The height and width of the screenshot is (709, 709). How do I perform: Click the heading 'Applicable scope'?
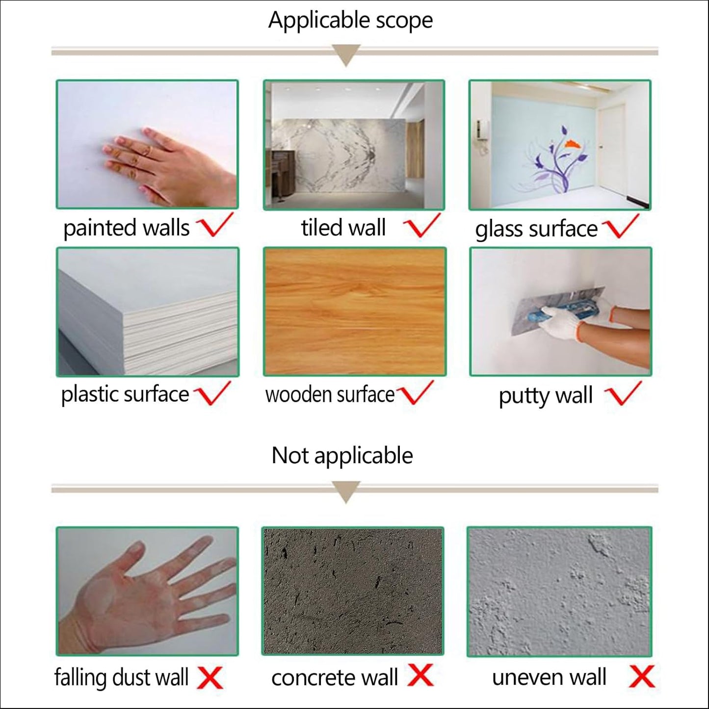pos(350,21)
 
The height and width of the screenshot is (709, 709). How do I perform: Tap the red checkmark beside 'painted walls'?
pos(214,224)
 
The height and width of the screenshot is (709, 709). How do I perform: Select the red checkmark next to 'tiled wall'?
pos(421,224)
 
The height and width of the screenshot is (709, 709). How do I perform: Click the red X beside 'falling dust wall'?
pos(210,678)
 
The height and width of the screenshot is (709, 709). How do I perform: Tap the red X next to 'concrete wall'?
pos(420,676)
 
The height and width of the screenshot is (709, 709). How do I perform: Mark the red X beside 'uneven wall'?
pos(642,677)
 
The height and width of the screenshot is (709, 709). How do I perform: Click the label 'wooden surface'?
pos(330,395)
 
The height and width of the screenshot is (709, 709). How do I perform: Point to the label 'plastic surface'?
pos(125,395)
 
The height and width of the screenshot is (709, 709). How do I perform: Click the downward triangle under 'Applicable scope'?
pos(346,55)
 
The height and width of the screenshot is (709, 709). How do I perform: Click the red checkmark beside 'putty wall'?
pos(623,394)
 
